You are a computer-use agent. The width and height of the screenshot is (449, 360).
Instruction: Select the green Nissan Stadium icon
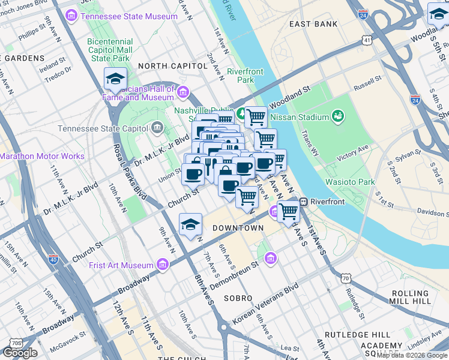click(x=337, y=116)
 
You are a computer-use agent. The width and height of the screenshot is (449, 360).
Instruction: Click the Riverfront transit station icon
click(x=304, y=202)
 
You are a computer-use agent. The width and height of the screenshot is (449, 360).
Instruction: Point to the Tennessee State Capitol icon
click(x=157, y=128)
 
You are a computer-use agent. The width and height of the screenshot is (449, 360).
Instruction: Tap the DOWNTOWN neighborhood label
click(x=238, y=229)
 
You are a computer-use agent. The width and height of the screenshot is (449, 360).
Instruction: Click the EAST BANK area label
click(x=310, y=25)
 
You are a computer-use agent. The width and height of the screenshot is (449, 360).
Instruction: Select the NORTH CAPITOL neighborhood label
click(x=168, y=65)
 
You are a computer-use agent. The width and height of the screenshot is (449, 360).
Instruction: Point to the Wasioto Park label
click(x=349, y=182)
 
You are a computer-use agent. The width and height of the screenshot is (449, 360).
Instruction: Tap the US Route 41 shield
click(x=367, y=40)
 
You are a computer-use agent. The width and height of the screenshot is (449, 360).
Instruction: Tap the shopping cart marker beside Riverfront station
click(x=288, y=212)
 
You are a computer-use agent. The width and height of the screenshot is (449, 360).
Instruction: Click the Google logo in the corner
click(x=20, y=353)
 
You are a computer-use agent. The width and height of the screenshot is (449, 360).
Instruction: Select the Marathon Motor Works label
click(x=42, y=156)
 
